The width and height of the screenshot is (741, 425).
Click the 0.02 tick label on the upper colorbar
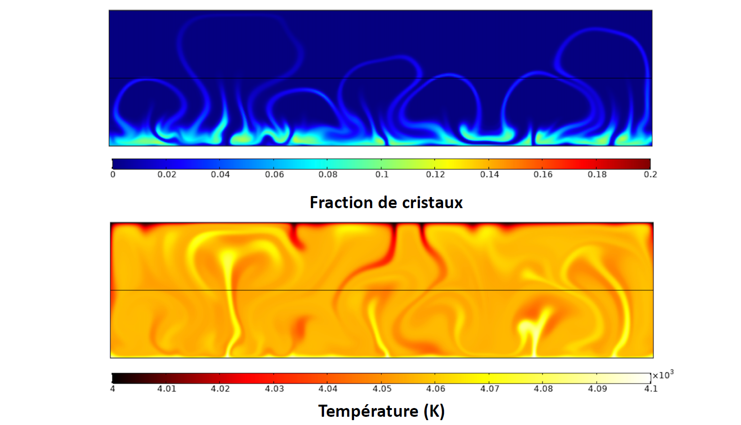[x=167, y=174]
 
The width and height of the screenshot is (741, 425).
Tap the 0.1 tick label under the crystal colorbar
[x=382, y=174]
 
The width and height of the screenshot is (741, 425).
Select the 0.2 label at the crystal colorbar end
[x=650, y=174]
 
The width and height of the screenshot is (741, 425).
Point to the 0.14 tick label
[x=489, y=174]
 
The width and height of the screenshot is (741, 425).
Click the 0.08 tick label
[x=328, y=174]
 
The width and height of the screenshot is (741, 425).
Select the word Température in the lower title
[x=368, y=411]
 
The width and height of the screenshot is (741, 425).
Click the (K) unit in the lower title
[x=434, y=411]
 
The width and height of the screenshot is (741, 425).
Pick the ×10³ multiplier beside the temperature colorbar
[x=663, y=375]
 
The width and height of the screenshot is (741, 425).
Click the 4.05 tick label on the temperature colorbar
[x=382, y=388]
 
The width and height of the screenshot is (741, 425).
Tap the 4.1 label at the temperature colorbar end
[x=650, y=388]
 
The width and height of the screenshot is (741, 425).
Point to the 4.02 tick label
[x=220, y=388]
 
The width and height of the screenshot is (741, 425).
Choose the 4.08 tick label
[x=543, y=388]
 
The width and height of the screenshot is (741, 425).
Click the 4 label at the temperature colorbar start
[x=113, y=388]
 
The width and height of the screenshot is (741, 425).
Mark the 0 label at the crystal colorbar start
[x=113, y=174]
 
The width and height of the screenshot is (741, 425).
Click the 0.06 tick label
[x=274, y=174]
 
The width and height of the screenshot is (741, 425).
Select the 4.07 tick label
[x=489, y=388]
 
